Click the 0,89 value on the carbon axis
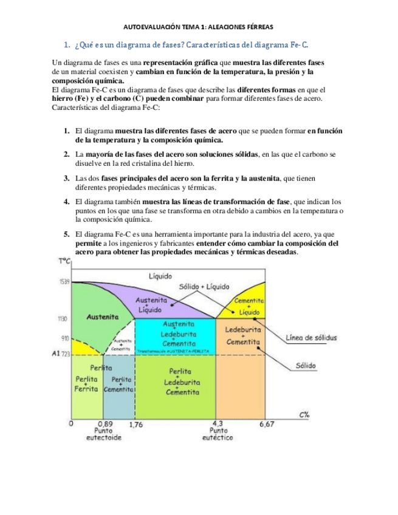coord(105,424)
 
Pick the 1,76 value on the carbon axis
coord(136,425)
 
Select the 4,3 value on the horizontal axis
coord(218,424)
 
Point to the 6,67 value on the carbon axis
coord(267,424)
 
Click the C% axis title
coord(304,414)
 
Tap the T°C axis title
coord(65,262)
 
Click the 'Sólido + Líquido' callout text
coord(204,286)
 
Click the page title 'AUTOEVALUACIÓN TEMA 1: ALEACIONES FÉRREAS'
coord(199,27)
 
